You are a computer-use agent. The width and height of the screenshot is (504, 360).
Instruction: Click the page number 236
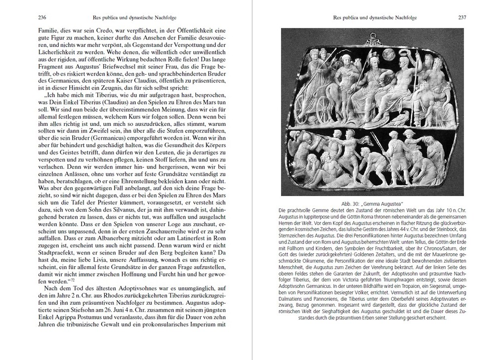(x=42, y=17)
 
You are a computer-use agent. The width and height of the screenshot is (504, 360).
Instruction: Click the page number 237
(x=462, y=17)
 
